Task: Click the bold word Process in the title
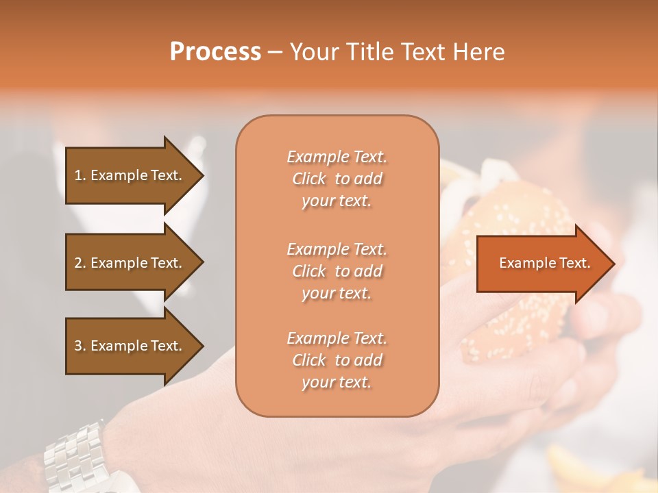point(215,52)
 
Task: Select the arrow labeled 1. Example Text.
point(130,175)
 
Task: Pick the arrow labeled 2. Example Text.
point(130,263)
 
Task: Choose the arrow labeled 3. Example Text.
point(130,346)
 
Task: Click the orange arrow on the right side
point(541,263)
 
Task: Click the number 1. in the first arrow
point(80,175)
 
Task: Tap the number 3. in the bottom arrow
point(80,346)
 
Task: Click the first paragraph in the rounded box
point(337,179)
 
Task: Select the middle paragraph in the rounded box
point(337,271)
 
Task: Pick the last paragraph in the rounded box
point(337,360)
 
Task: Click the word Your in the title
point(315,52)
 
